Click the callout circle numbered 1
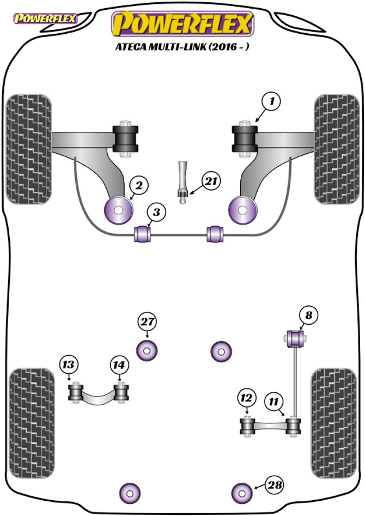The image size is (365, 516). pos(271,101)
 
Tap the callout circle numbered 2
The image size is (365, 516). pos(139,185)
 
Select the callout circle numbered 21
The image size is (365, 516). pos(211,181)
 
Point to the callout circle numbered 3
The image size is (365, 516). pos(156,212)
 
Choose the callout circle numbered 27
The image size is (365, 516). pos(147,321)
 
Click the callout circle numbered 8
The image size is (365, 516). pos(308,315)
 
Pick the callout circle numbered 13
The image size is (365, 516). pos(69,365)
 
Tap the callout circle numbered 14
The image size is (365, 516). pos(119,365)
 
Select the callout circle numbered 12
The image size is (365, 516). pos(246,398)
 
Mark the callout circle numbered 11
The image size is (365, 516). pos(273,401)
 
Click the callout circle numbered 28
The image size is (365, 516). pos(275,484)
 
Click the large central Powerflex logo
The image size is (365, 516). pos(182,23)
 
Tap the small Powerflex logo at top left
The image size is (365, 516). pos(45,19)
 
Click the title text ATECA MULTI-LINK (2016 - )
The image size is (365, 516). pos(182,46)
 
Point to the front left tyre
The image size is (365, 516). pos(29,149)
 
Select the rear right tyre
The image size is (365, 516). pos(333,423)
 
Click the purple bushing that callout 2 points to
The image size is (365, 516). pos(118,210)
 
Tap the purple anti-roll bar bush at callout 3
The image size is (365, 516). pos(143,233)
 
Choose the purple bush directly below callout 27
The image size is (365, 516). pos(147,350)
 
